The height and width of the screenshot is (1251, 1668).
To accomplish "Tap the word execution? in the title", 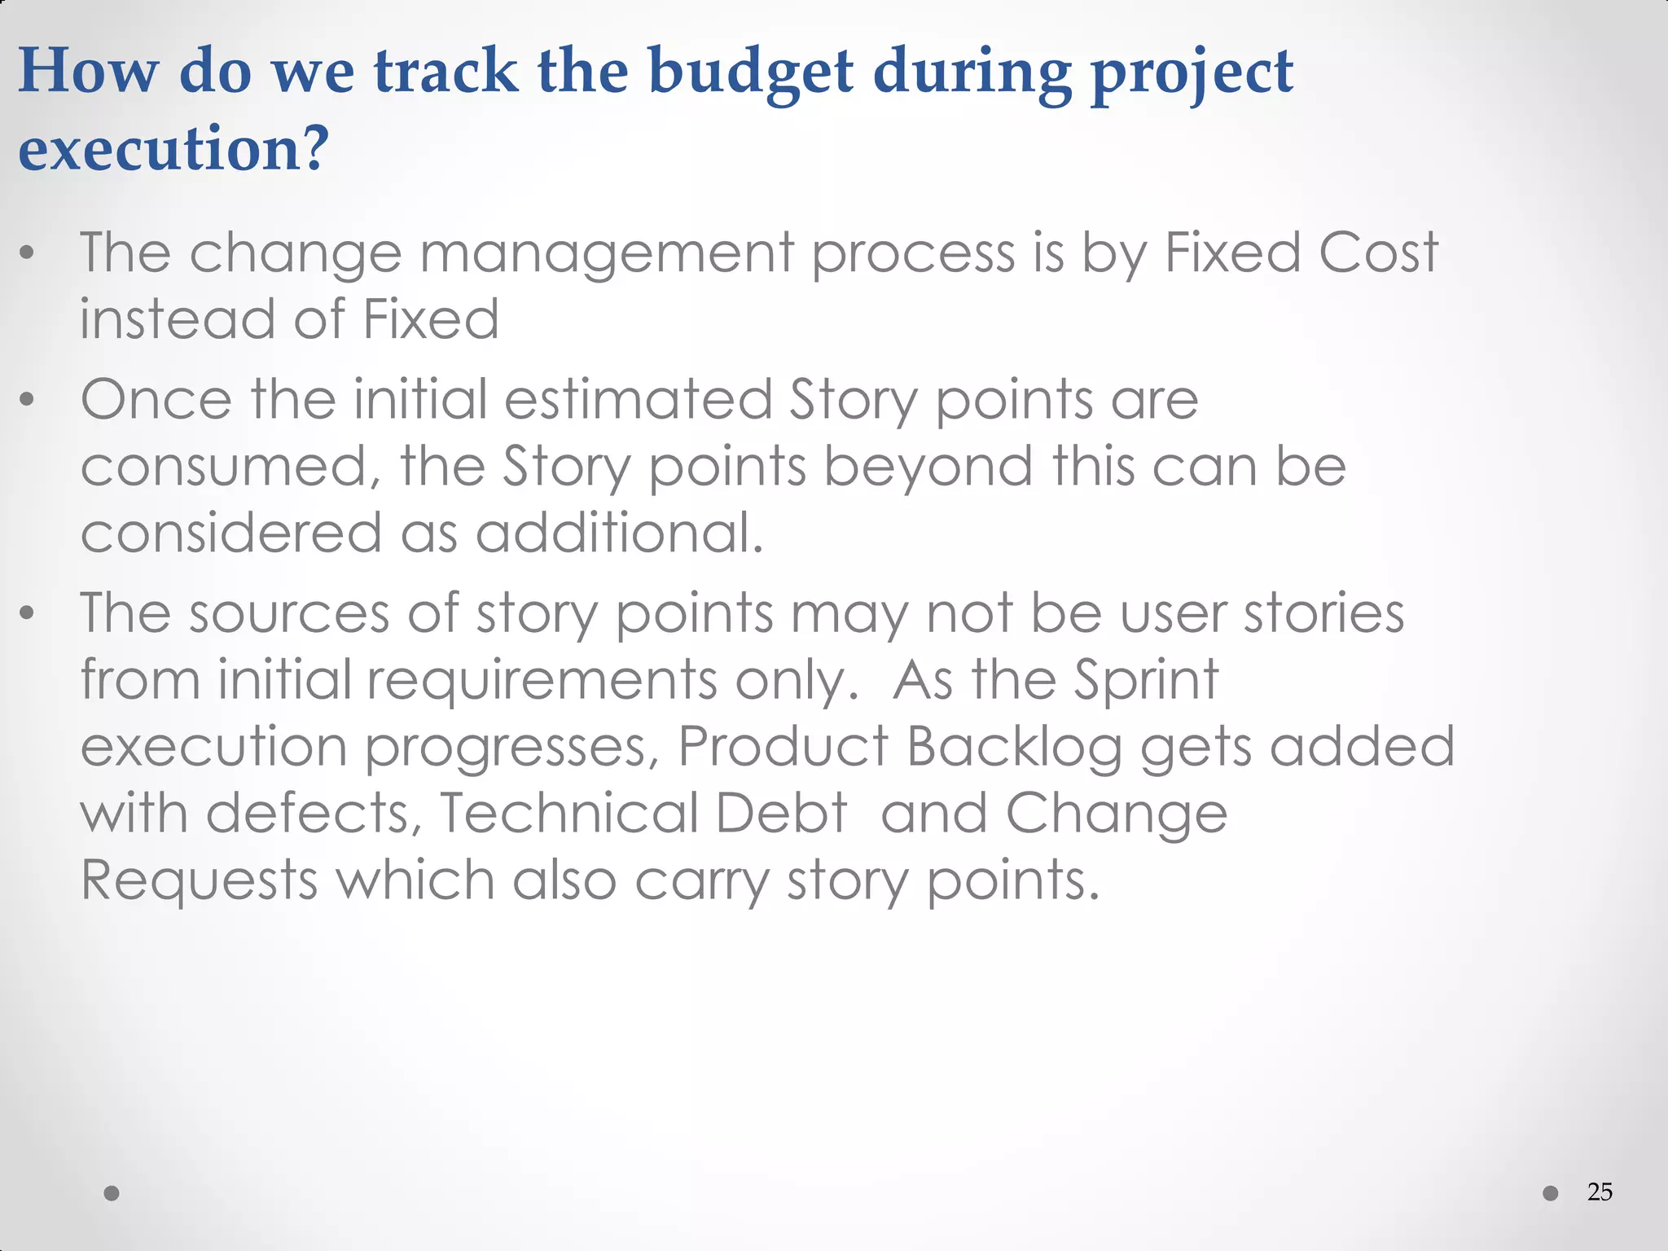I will (x=173, y=149).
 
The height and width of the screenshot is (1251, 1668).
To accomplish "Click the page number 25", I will (x=1600, y=1192).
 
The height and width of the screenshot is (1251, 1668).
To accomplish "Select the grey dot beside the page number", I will (x=1551, y=1193).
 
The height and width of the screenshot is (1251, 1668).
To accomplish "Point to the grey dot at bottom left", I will (x=112, y=1193).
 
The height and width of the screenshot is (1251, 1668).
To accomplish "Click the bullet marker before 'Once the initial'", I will (x=28, y=399).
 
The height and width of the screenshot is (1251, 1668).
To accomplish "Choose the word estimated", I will (x=638, y=400).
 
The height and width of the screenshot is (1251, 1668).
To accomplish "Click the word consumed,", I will (x=230, y=467).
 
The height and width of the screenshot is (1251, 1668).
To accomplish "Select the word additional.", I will (x=619, y=533).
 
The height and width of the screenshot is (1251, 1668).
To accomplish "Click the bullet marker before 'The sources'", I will (x=28, y=612).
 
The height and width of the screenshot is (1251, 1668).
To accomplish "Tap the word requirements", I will (x=542, y=680).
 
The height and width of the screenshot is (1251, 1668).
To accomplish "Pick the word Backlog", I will (x=1013, y=747).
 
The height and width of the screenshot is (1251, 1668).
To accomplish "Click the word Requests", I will (x=199, y=880).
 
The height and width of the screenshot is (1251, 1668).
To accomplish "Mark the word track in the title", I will (x=446, y=72).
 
